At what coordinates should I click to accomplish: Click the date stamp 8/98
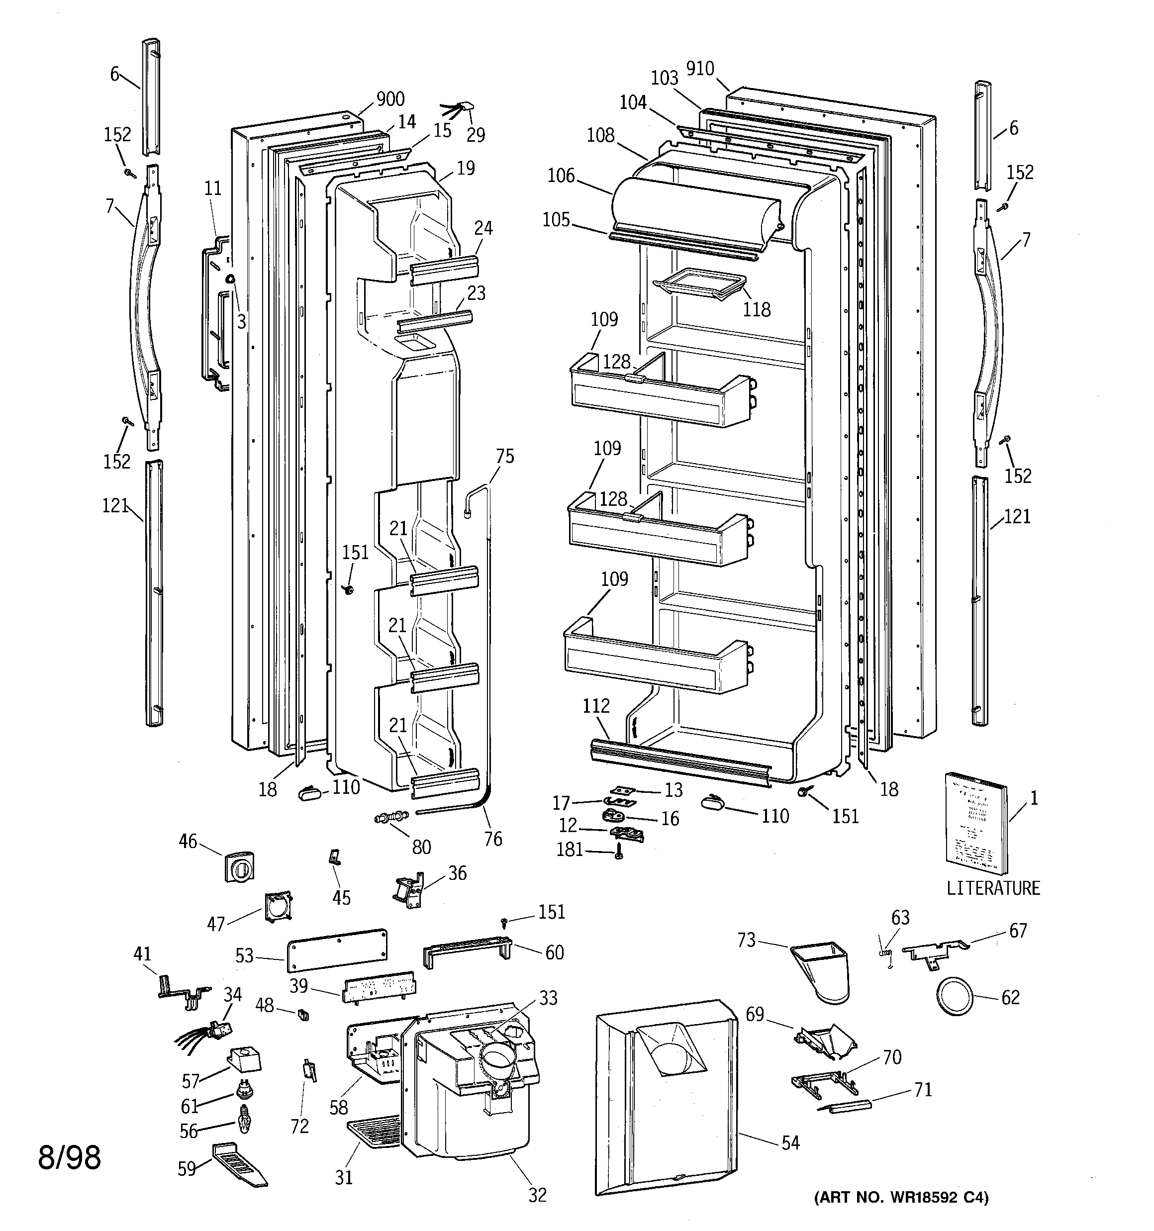69,1157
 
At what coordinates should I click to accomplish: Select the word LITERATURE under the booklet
993,888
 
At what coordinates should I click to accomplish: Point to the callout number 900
390,99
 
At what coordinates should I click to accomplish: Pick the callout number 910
700,69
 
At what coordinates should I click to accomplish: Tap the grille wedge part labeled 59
240,1166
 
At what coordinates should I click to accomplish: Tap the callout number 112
596,705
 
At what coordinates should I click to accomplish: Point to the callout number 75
505,457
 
